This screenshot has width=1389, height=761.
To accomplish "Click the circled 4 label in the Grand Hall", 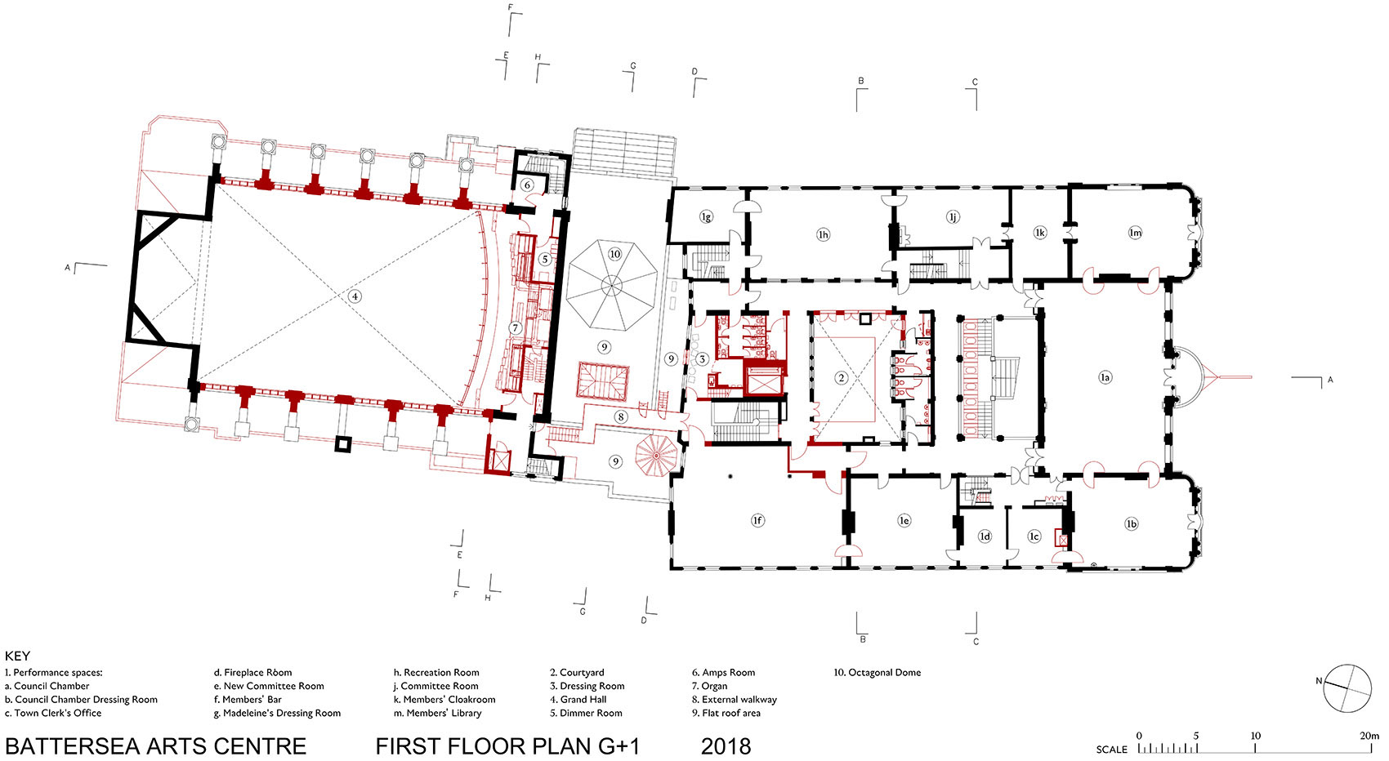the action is pos(355,296).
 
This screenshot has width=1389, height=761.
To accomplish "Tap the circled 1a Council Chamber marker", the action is pos(1105,376).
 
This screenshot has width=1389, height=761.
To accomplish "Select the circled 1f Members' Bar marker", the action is pos(757,521).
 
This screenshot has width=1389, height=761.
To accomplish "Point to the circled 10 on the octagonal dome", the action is pos(614,254).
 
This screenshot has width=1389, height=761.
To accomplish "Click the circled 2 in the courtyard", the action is pos(842,377).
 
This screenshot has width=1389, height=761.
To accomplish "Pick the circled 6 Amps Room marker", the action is pos(527,185).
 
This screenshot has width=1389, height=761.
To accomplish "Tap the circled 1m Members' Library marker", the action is pos(1135,233).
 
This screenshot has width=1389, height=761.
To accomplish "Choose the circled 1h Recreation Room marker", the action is pos(823,234).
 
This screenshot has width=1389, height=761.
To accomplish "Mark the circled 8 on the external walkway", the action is pos(621,417).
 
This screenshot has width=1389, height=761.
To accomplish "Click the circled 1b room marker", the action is pos(1132,523).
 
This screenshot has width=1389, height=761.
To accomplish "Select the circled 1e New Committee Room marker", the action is pos(904,521).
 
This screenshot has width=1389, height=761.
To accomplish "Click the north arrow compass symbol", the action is pos(1347,688).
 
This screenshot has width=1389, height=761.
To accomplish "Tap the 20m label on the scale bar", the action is pos(1369,736).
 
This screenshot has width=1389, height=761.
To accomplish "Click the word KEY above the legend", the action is pos(17,656).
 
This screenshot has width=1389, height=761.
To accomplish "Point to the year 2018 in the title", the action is pos(726,746).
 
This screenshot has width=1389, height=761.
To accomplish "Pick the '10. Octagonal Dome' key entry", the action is pos(877,672).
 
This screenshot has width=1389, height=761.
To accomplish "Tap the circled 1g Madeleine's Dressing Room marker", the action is pos(706,216).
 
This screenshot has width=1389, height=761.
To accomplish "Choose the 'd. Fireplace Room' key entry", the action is pos(253,672).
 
